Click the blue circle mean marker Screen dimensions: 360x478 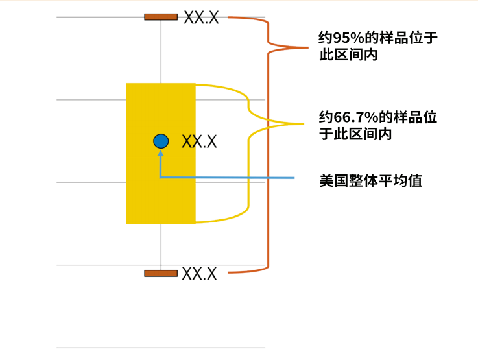(161, 141)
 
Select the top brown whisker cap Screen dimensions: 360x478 (161, 17)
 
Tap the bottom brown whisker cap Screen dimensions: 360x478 (161, 273)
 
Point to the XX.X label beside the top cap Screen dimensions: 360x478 (201, 18)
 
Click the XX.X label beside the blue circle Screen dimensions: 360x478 (199, 141)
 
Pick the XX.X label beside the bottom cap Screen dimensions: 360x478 (199, 274)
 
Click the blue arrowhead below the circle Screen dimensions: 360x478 (161, 154)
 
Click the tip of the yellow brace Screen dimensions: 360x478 (302, 124)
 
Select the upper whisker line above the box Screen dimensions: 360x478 (161, 52)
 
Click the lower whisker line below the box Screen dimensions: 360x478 (161, 246)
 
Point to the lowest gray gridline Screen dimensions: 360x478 (161, 348)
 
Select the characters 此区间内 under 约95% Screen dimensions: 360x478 (348, 56)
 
